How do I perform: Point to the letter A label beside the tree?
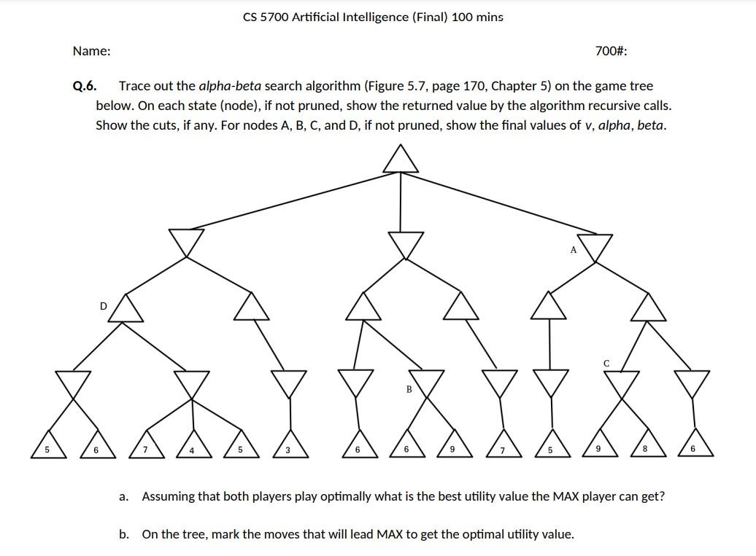[574, 250]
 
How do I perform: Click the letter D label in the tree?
[103, 306]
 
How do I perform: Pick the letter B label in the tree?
[409, 390]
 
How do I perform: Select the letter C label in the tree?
[606, 363]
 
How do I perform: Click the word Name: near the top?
[92, 51]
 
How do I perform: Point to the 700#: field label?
[611, 51]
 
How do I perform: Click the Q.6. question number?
[84, 87]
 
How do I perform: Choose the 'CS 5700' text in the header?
[266, 17]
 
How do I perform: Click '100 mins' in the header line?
[477, 17]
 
